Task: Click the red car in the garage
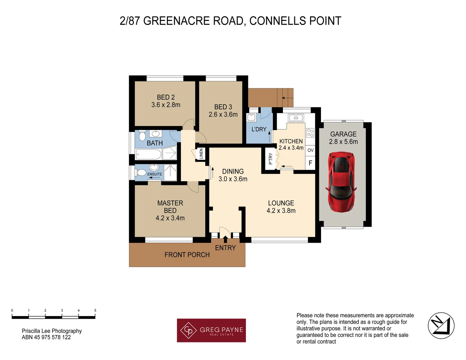pos(341,181)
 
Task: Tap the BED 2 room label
pos(166,97)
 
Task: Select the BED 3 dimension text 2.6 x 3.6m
pos(223,115)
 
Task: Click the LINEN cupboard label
pos(201,154)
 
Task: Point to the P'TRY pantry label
pos(270,159)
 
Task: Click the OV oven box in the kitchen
pos(310,150)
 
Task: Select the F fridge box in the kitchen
pos(310,163)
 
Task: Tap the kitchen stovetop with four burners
pos(310,133)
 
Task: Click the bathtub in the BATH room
pos(148,154)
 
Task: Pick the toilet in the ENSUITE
pos(141,172)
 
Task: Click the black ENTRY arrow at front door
pos(225,239)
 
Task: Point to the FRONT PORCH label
pos(187,255)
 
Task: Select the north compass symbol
pos(441,326)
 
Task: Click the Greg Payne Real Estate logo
pos(211,330)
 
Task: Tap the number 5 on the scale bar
pos(95,310)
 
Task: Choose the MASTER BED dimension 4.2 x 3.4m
pos(170,218)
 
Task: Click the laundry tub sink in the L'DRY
pos(251,117)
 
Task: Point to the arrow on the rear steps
pos(284,98)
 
